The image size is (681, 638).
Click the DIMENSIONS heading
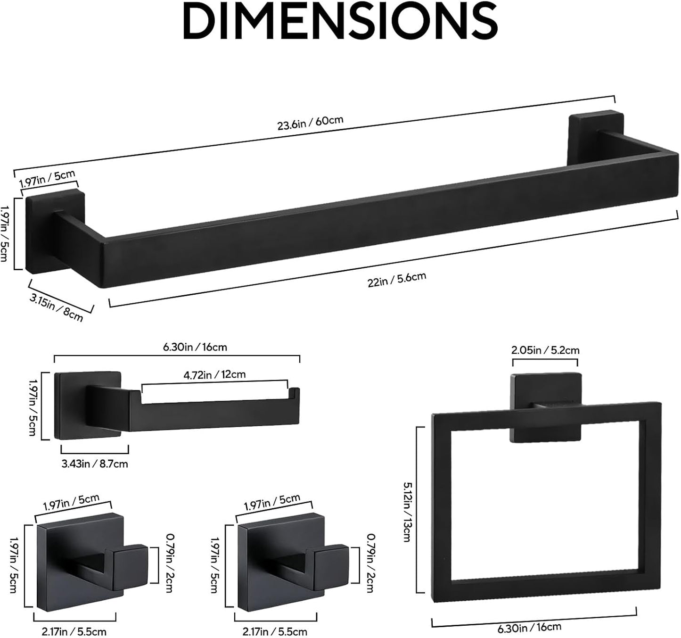pyautogui.click(x=340, y=21)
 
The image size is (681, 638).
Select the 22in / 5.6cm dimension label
pyautogui.click(x=397, y=279)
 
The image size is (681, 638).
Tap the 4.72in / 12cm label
pyautogui.click(x=214, y=375)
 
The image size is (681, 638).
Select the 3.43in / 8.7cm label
pyautogui.click(x=95, y=464)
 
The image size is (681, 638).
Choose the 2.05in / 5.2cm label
pyautogui.click(x=545, y=350)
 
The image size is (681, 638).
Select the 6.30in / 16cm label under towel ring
pyautogui.click(x=529, y=628)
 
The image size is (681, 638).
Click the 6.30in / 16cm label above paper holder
pyautogui.click(x=195, y=348)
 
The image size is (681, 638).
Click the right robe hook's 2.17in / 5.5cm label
pyautogui.click(x=274, y=631)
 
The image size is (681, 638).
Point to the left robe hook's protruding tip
pyautogui.click(x=131, y=565)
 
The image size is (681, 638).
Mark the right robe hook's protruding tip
pyautogui.click(x=331, y=565)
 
